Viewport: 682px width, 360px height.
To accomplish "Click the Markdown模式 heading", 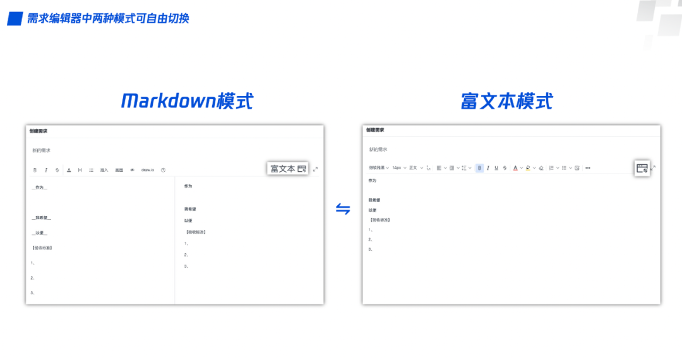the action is pos(187,100).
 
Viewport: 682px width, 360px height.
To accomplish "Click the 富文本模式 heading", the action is pos(506,101).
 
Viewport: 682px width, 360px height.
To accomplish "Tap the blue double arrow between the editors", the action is pos(343,209).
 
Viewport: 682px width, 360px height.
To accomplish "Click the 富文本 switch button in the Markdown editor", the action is pos(288,169).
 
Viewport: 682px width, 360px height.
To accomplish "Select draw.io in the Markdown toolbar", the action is pos(148,170).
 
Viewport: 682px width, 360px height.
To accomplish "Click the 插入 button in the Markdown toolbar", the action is pos(104,170).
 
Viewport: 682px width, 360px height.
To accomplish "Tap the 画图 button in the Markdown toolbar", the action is pos(119,170).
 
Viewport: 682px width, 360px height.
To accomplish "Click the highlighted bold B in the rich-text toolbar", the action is pos(480,168).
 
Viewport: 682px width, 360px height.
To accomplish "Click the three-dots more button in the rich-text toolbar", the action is pos(588,168).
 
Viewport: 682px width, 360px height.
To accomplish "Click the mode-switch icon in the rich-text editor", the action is pos(642,168).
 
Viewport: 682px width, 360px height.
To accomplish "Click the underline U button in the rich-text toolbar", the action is pos(496,168).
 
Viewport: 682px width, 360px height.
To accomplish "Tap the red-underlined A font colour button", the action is pos(515,168).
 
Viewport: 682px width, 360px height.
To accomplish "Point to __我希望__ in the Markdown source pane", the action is pos(42,218).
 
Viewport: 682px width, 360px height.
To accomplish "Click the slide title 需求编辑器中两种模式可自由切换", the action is pos(108,18).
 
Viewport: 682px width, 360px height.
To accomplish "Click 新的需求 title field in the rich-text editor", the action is pos(378,150).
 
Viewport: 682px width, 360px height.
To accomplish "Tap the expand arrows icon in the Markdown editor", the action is pos(315,169).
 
